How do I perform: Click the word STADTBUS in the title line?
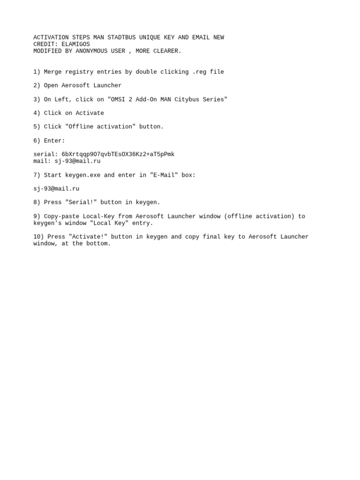coord(121,37)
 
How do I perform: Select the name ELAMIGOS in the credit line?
coord(75,45)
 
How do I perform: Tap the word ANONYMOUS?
coord(91,51)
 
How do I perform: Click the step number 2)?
coord(37,86)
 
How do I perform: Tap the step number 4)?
coord(37,113)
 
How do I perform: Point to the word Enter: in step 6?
coord(54,141)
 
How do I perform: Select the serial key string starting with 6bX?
coord(118,155)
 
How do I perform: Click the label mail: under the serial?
coord(42,161)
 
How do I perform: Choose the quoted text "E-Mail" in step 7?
coord(164,175)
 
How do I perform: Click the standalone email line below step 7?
coord(56,189)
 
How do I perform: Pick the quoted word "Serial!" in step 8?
coord(81,202)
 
